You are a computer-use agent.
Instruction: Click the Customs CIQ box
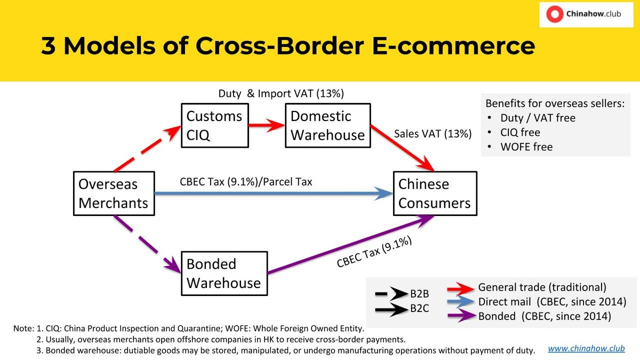215,125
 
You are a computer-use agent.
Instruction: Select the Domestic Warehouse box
327,125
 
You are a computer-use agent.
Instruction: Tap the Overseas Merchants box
114,194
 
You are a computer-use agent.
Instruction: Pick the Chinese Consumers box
435,194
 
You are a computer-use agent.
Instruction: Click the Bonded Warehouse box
225,274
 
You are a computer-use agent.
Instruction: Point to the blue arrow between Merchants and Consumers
274,194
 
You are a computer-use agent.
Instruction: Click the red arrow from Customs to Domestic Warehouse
267,125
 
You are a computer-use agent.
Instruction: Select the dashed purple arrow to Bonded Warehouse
147,245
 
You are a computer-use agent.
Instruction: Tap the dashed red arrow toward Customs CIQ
147,149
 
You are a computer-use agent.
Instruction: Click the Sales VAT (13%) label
433,134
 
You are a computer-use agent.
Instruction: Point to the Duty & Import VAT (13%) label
281,93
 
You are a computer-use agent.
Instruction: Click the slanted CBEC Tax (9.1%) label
374,252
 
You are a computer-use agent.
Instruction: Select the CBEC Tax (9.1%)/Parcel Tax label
246,182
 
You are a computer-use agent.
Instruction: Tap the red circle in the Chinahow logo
555,14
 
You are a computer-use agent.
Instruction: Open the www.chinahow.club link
586,349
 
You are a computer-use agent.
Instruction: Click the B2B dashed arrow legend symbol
391,293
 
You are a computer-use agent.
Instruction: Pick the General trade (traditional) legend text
542,287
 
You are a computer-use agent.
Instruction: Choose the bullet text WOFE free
526,147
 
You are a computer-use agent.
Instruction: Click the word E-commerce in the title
453,46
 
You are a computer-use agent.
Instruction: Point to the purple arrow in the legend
462,316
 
